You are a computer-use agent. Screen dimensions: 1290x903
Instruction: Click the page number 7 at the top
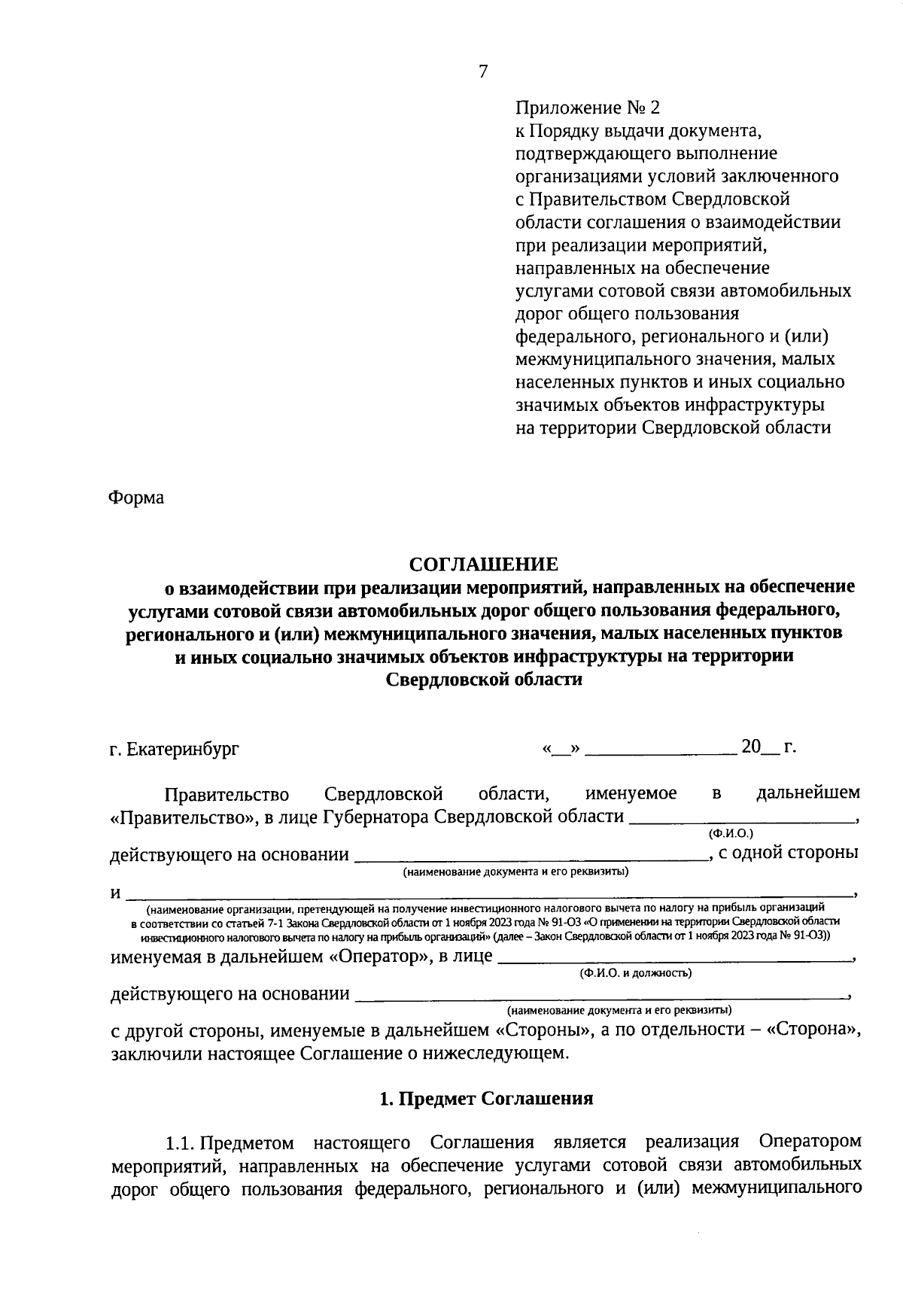482,71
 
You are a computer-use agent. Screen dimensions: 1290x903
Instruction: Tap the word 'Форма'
136,497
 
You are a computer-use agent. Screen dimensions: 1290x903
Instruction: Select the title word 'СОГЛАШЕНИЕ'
483,564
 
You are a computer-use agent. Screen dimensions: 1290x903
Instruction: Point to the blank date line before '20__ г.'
661,750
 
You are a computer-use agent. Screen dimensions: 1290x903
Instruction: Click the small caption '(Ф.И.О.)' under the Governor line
731,833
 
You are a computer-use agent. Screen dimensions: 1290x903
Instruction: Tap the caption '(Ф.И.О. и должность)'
636,973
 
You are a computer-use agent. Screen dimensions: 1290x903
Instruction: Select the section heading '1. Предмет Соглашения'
486,1098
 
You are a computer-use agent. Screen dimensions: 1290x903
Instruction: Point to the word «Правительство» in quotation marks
174,817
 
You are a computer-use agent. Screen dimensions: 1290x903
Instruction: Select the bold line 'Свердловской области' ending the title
484,679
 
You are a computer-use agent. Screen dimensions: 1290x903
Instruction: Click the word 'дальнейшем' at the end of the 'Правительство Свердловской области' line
807,793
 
